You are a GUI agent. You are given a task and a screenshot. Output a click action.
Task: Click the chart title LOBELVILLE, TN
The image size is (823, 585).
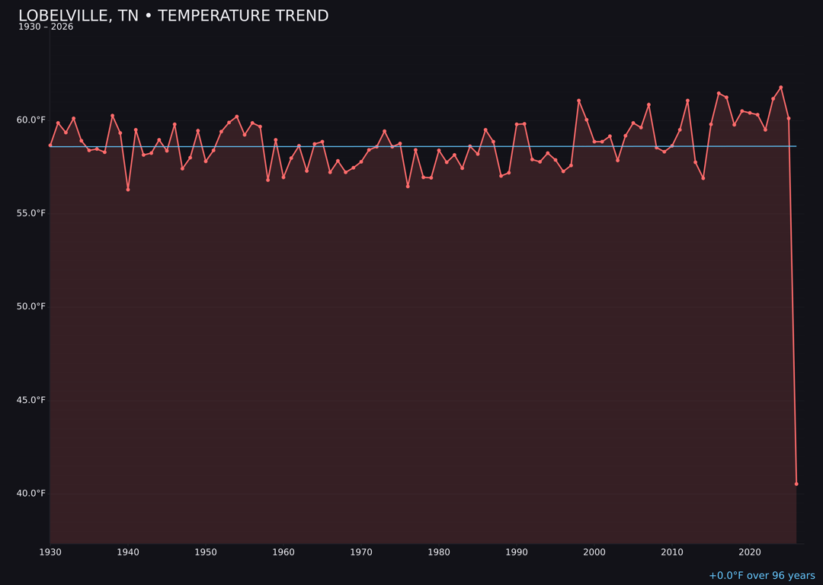pos(173,16)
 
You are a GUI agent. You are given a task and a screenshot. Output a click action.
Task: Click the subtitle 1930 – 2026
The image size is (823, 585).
pos(46,27)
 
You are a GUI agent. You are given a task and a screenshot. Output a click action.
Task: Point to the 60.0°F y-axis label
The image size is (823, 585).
pos(31,120)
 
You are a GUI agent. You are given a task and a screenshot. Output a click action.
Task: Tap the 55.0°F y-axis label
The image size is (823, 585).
pos(31,213)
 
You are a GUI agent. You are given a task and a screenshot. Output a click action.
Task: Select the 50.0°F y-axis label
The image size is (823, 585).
pos(31,306)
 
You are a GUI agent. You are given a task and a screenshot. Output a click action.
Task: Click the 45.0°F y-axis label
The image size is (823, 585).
pos(31,400)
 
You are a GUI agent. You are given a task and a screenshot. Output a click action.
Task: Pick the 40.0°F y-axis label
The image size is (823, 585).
pos(31,494)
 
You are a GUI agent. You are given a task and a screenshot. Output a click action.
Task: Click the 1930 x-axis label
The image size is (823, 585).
pos(50,552)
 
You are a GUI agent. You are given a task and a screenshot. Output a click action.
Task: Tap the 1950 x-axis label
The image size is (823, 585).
pos(206,552)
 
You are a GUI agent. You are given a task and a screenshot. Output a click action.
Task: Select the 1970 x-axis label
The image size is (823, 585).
pos(361,552)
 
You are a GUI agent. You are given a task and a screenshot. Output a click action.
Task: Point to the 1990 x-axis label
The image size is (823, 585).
pos(517,552)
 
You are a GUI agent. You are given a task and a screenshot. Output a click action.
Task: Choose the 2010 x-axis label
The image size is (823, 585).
pos(672,552)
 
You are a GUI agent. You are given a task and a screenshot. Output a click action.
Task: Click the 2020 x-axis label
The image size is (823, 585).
pos(750,552)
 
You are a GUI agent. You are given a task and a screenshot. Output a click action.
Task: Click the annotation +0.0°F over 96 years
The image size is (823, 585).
pos(761,576)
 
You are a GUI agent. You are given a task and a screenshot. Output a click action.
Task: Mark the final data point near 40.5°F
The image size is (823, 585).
pos(796,484)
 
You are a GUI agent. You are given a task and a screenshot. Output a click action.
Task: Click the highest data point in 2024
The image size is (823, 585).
pos(780,88)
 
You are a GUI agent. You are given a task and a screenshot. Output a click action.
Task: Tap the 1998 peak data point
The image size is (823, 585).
pos(578,101)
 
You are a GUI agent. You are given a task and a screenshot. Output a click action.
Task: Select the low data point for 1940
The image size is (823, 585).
pos(128,190)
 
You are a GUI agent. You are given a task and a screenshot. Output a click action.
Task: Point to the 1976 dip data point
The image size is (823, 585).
pos(408,186)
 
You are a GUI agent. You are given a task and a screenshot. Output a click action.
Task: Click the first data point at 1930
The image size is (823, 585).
pos(50,145)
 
